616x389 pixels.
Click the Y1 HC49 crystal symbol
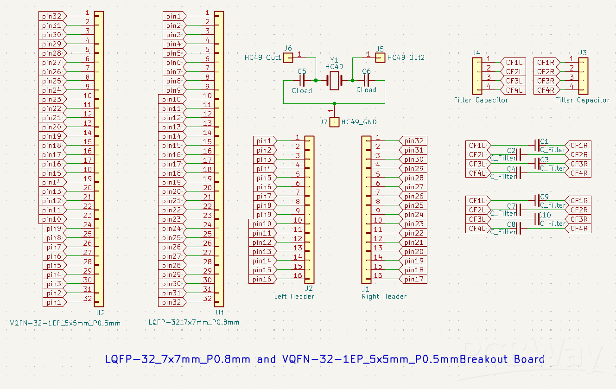334,81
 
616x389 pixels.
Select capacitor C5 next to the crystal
302,81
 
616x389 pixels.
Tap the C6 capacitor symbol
366,81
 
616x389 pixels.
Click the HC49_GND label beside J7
359,122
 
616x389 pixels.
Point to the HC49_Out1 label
263,57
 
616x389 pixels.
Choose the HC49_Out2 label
406,57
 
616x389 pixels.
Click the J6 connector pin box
288,57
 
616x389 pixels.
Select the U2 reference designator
100,313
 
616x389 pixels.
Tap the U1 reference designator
220,313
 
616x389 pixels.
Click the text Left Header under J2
294,296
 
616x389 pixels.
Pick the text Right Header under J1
384,296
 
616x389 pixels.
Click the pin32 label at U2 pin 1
51,16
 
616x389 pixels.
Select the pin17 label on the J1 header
413,279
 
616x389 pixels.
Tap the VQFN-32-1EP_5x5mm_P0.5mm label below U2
65,323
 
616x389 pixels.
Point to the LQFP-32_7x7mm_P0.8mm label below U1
194,322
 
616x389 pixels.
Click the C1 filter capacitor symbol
537,145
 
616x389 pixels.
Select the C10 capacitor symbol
537,219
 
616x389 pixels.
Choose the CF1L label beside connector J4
514,63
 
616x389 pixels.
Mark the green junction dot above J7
334,103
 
